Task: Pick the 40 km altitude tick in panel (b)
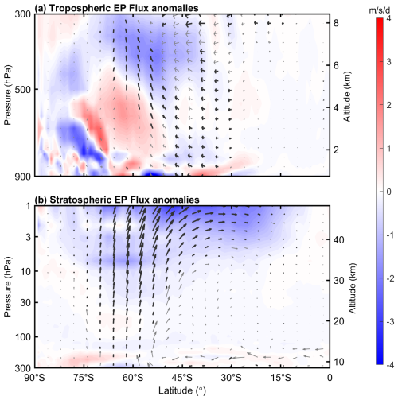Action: (340, 239)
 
